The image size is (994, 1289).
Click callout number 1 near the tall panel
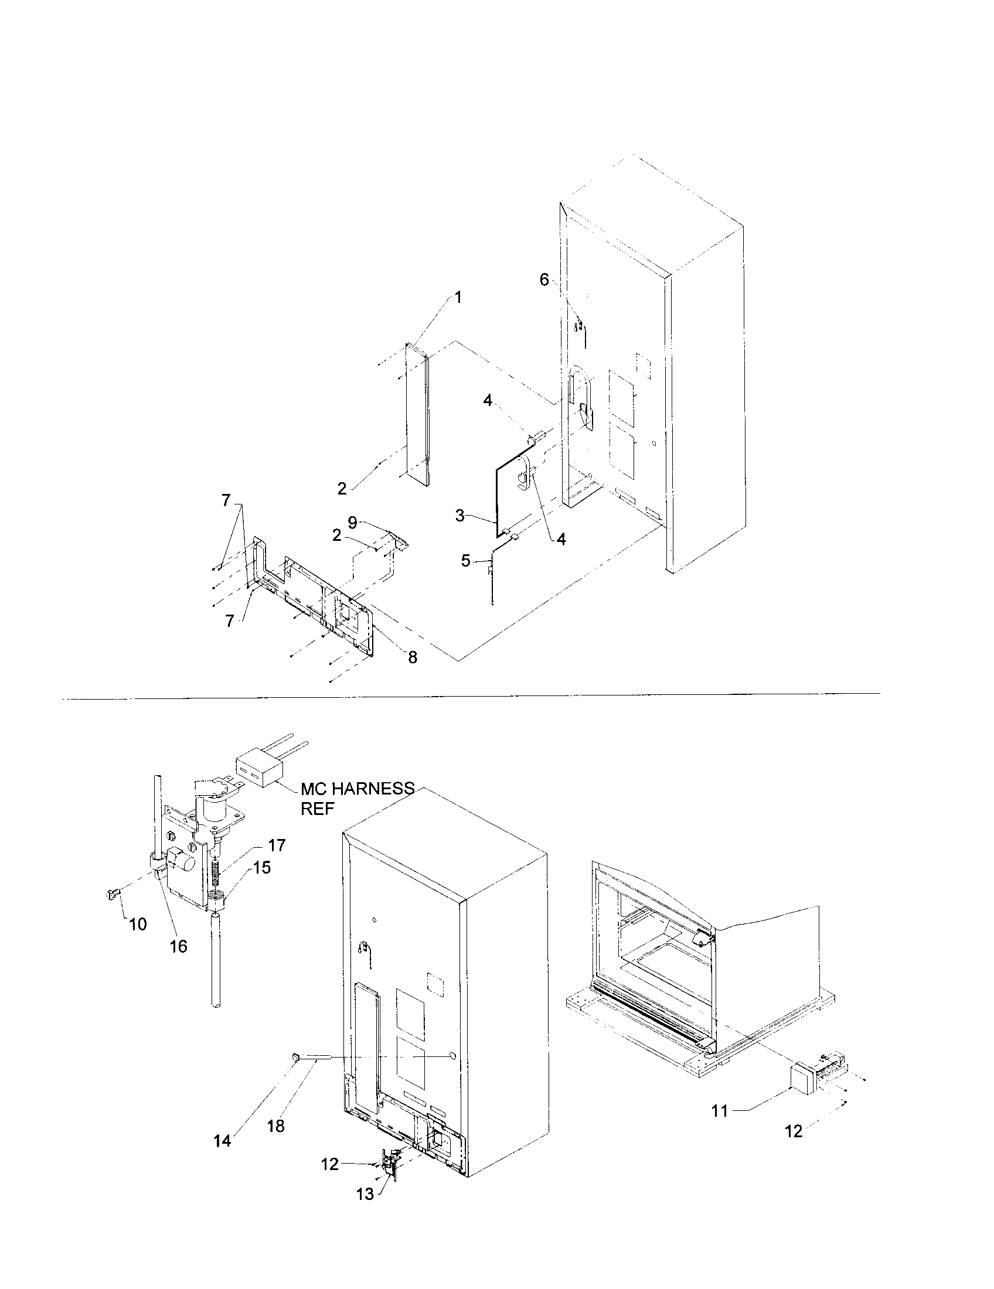pyautogui.click(x=458, y=298)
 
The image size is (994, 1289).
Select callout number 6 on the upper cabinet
pyautogui.click(x=544, y=279)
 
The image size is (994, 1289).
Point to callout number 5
pyautogui.click(x=466, y=561)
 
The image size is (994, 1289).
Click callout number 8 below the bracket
pyautogui.click(x=413, y=657)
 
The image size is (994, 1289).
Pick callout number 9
pyautogui.click(x=352, y=521)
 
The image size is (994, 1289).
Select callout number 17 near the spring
pyautogui.click(x=277, y=845)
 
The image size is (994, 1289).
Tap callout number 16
pyautogui.click(x=178, y=947)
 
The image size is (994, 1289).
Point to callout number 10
pyautogui.click(x=138, y=924)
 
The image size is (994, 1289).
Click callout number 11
pyautogui.click(x=720, y=1111)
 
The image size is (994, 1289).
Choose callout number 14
pyautogui.click(x=223, y=1141)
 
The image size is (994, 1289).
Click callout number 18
pyautogui.click(x=275, y=1126)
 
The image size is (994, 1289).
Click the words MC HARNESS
pyautogui.click(x=358, y=788)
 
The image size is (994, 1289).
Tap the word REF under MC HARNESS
pyautogui.click(x=318, y=809)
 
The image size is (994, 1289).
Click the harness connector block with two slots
pyautogui.click(x=258, y=771)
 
